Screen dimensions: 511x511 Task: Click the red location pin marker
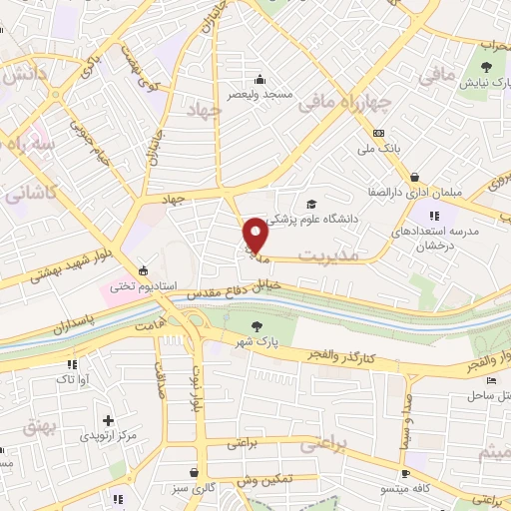[x=255, y=234]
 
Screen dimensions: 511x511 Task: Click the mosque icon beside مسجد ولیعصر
[x=259, y=80]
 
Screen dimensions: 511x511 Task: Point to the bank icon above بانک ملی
[x=377, y=133]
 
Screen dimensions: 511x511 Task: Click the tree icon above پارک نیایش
[x=486, y=68]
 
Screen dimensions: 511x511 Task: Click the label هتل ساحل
[x=486, y=396]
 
